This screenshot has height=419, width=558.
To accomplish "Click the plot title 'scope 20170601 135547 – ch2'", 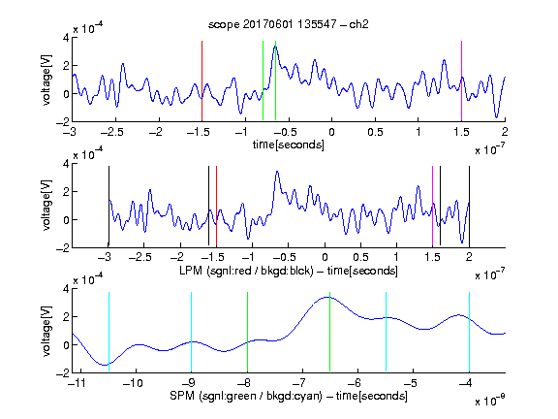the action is [x=289, y=24].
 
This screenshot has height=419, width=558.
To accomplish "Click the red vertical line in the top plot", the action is [x=201, y=81].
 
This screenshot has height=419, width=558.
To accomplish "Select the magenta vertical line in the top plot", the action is [x=461, y=81].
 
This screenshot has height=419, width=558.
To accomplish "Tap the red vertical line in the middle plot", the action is [x=216, y=206].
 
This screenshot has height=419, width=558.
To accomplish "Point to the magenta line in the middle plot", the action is [x=432, y=206].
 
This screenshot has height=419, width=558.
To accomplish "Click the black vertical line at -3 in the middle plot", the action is [x=108, y=206].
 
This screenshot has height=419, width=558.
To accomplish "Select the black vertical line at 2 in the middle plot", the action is [x=469, y=206].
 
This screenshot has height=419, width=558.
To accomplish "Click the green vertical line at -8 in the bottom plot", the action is [x=247, y=332].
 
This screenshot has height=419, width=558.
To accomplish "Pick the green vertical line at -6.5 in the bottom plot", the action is [x=330, y=332].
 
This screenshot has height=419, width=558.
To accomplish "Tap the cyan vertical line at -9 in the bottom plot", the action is [x=191, y=332].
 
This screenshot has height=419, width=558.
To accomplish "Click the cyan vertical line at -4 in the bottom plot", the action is [x=469, y=332].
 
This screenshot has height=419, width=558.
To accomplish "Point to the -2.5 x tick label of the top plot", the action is [x=112, y=132].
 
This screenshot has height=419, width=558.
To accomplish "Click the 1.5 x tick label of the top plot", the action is [x=461, y=132].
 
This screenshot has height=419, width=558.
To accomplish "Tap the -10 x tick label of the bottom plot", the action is [x=133, y=383].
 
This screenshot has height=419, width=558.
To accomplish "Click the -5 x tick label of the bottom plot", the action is [x=411, y=383].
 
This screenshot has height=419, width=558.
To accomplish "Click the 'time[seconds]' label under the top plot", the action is [x=289, y=145].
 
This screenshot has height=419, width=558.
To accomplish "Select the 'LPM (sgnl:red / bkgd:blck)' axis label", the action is [x=246, y=271].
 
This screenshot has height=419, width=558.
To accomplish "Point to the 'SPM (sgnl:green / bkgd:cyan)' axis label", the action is [x=246, y=396].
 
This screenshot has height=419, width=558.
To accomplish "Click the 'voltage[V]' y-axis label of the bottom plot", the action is [x=46, y=331].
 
